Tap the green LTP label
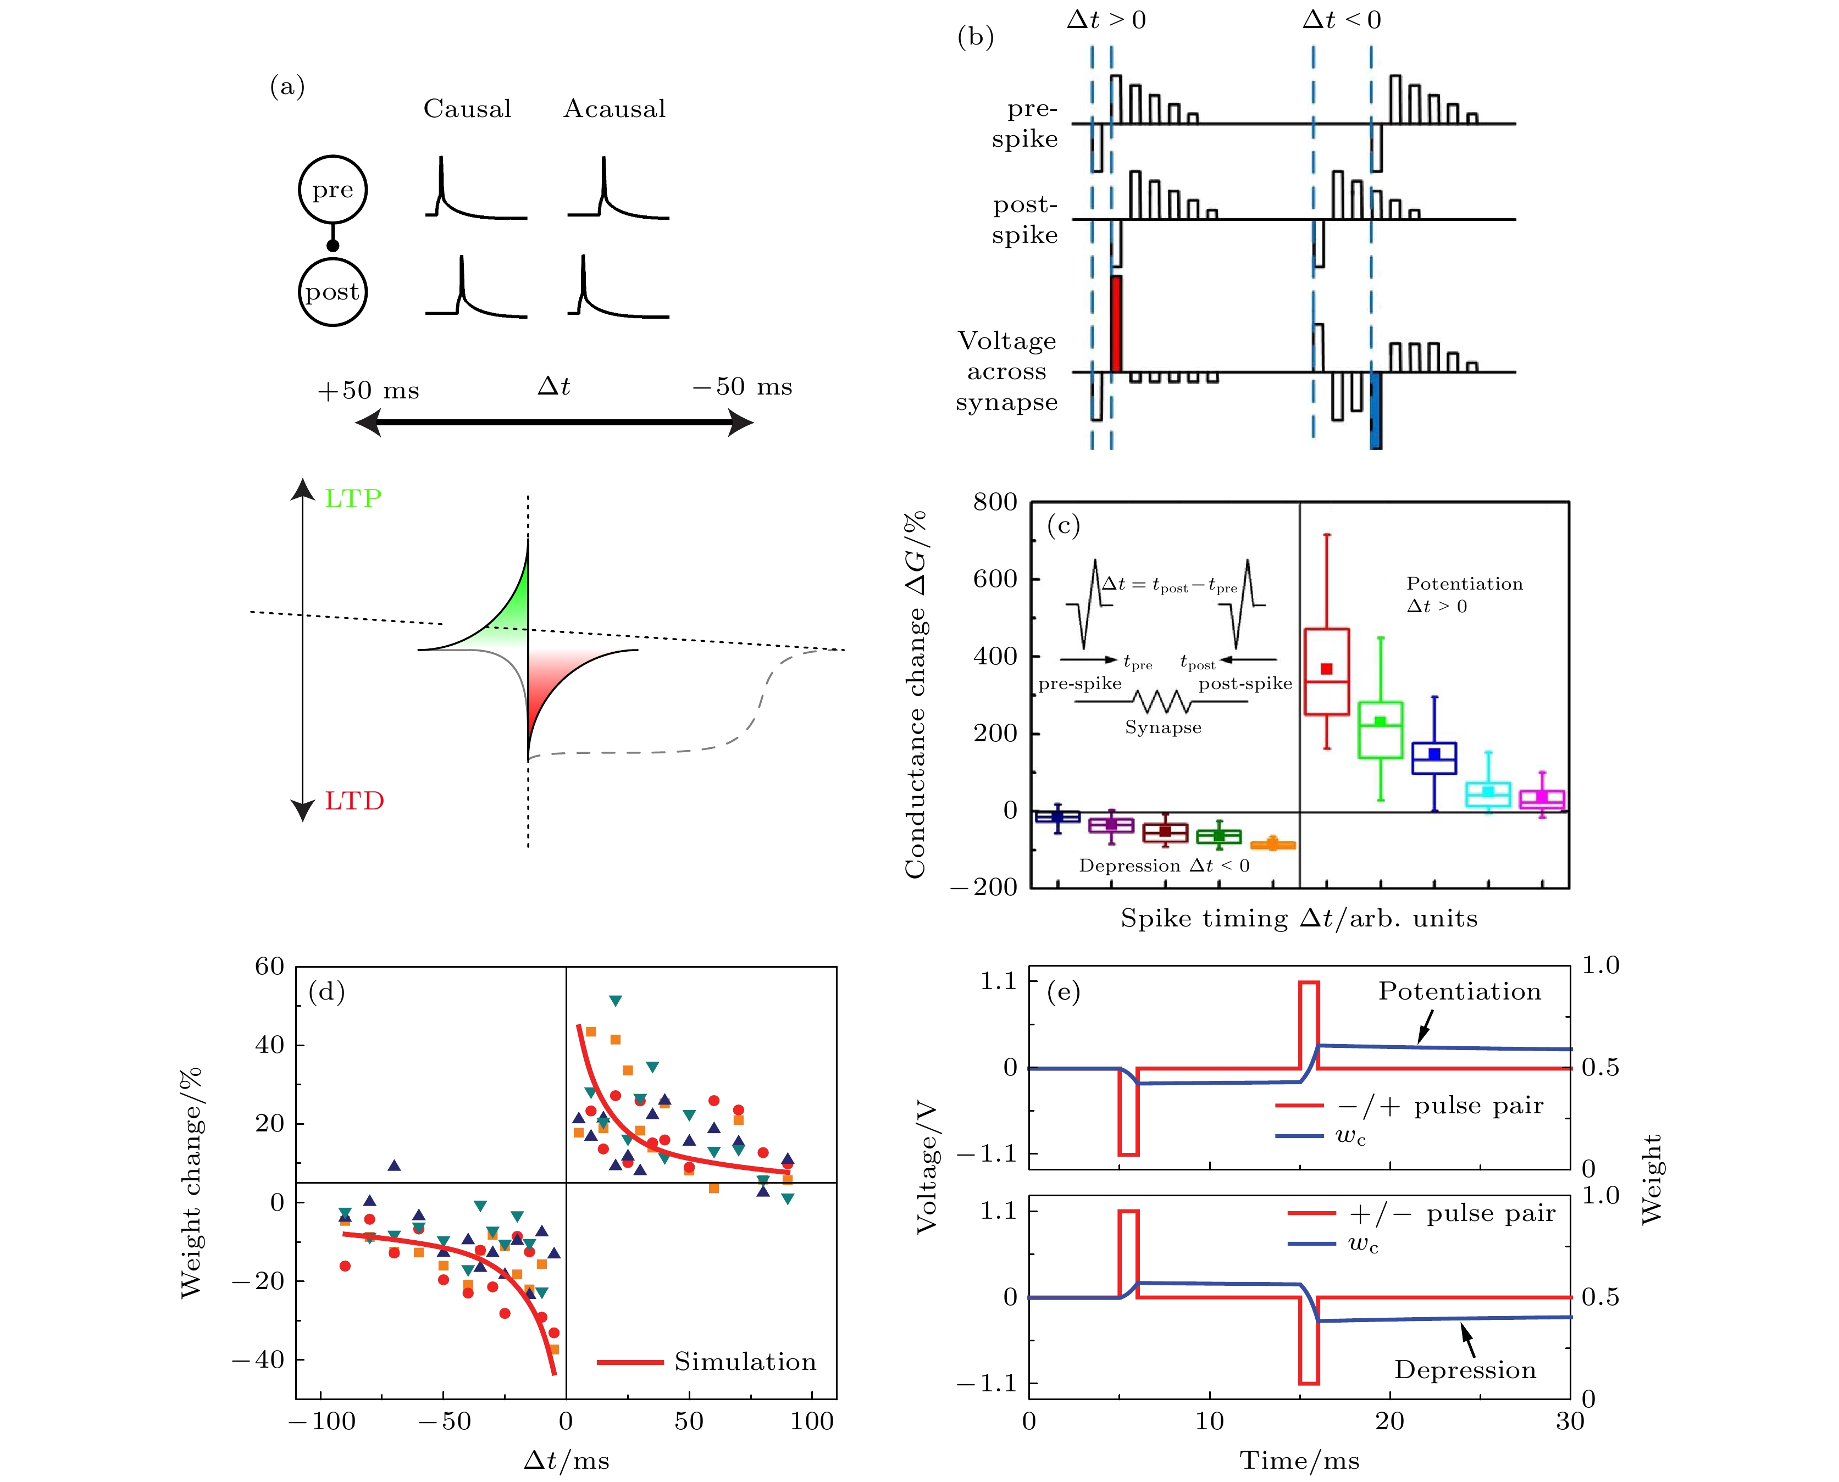click(x=353, y=498)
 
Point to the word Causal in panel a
click(x=467, y=109)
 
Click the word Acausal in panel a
click(x=614, y=109)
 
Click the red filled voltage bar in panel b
click(x=1115, y=324)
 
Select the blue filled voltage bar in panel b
click(x=1376, y=410)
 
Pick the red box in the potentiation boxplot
click(x=1327, y=672)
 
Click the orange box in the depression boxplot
click(x=1273, y=845)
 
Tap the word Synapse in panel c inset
click(x=1163, y=728)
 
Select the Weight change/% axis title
click(x=191, y=1183)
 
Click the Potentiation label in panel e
click(x=1459, y=991)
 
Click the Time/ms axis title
click(x=1299, y=1461)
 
